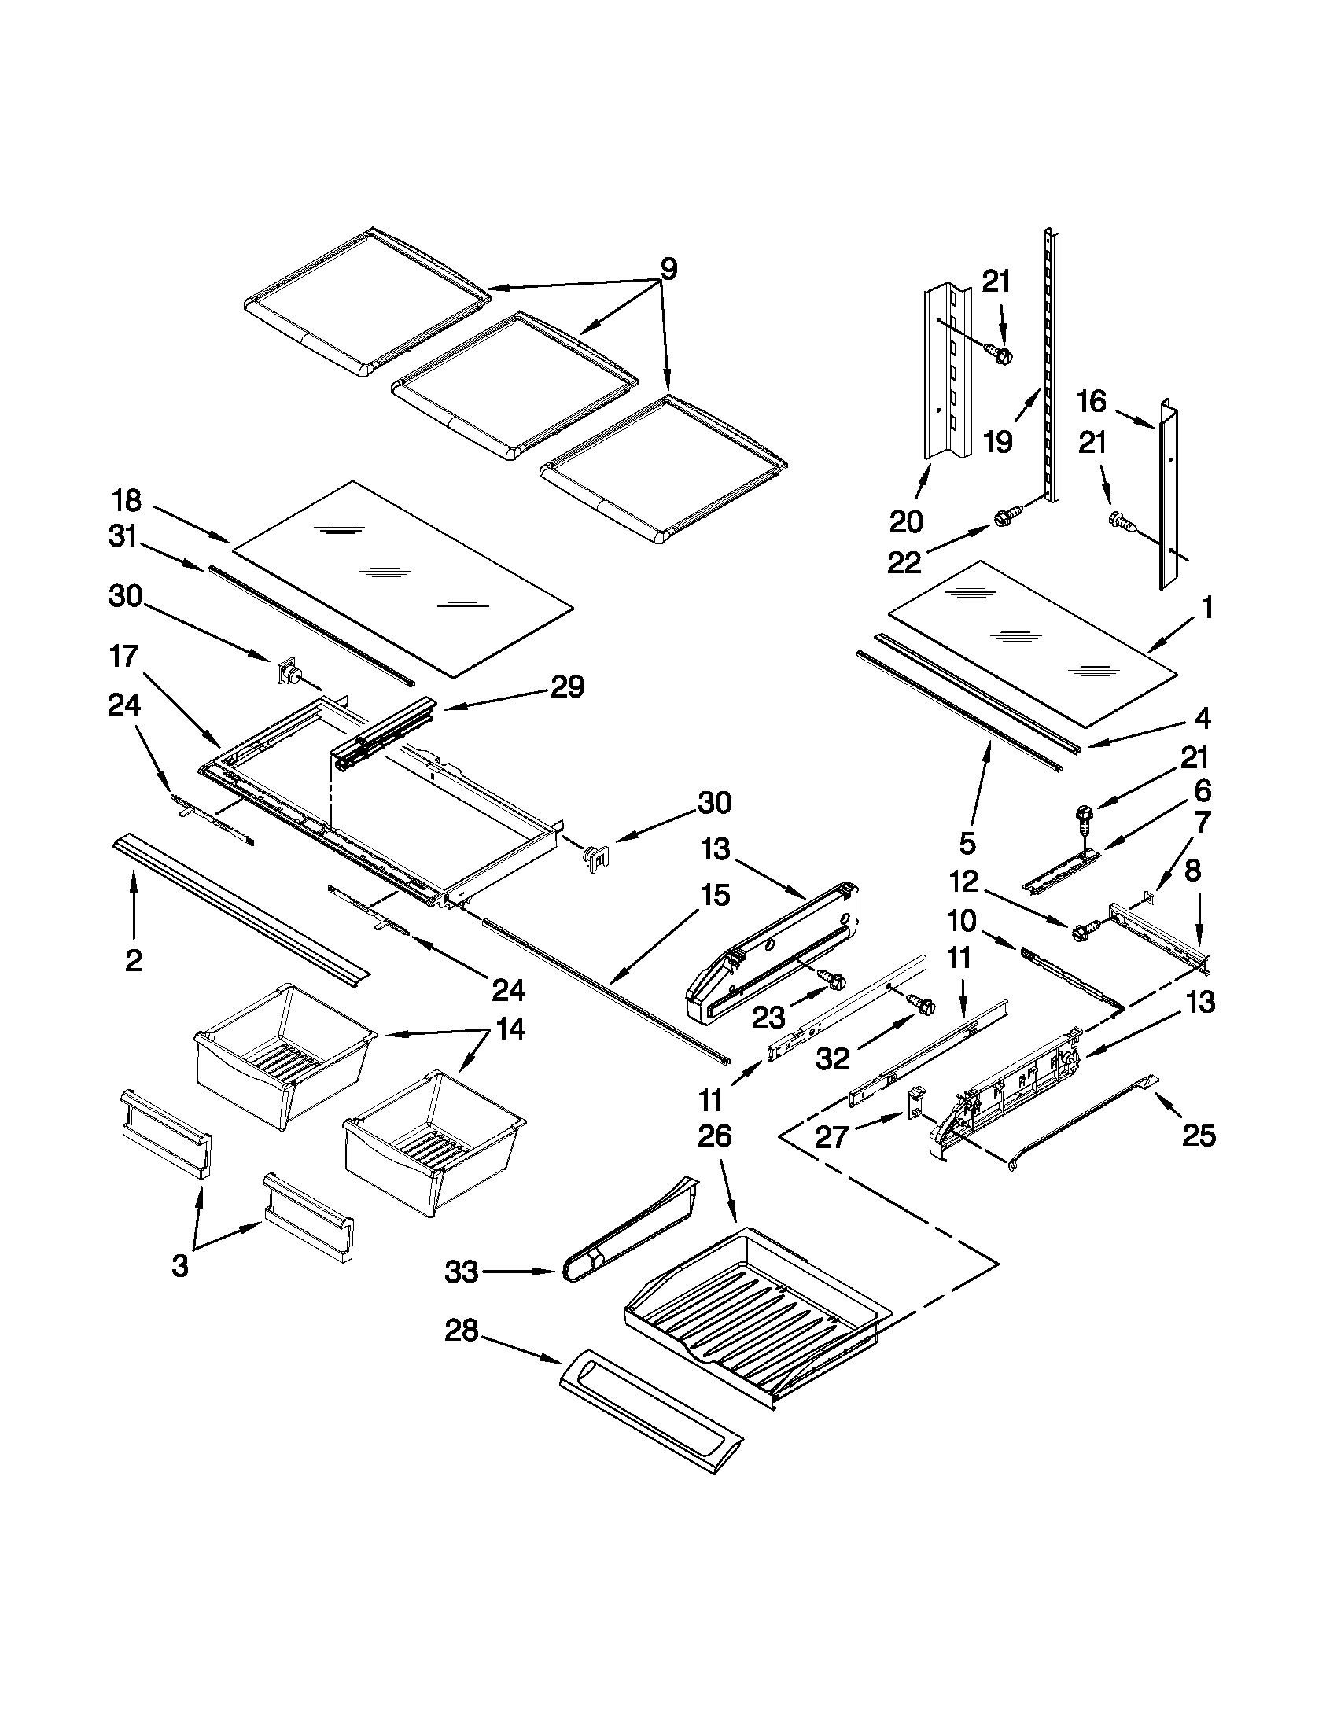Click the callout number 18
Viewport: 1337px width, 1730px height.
point(126,501)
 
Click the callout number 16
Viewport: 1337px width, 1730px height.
point(1091,402)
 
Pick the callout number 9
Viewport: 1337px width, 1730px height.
point(668,269)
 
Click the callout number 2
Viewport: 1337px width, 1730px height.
point(134,960)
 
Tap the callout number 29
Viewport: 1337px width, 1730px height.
point(567,686)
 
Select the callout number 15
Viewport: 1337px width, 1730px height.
point(713,896)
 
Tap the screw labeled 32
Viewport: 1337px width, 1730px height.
point(923,1004)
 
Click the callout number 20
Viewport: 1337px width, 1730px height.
point(906,522)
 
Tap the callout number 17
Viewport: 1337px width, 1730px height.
point(125,657)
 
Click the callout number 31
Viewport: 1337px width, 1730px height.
point(123,538)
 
